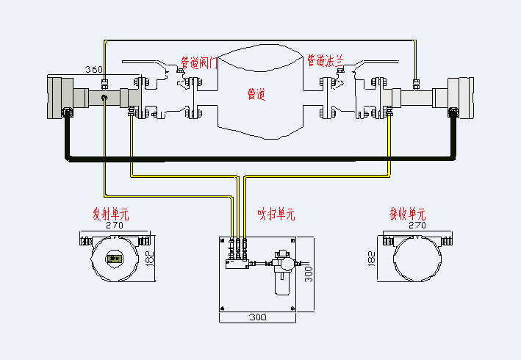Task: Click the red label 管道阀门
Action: [x=198, y=63]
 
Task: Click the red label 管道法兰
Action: [x=325, y=60]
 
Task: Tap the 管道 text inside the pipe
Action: [x=256, y=94]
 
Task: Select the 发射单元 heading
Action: [x=110, y=214]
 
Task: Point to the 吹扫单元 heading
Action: [x=276, y=215]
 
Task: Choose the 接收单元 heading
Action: [x=407, y=214]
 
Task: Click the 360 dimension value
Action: [x=93, y=70]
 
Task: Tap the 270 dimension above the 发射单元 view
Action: [x=114, y=226]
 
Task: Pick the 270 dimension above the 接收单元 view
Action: [x=417, y=226]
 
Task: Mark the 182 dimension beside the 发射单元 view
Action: [x=151, y=259]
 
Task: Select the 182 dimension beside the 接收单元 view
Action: [x=371, y=259]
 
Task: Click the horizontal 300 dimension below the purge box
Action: [x=256, y=318]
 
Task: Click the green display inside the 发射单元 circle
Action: [x=113, y=258]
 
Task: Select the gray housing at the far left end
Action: [x=57, y=96]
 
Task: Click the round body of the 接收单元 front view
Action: [x=417, y=259]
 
